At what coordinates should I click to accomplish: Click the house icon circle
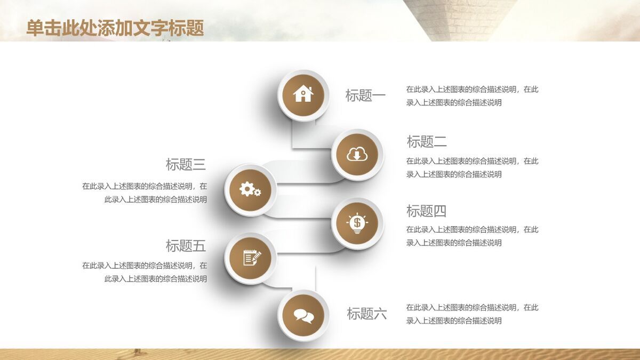tap(303, 95)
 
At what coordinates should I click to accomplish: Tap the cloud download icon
tap(357, 155)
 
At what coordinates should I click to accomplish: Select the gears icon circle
tap(250, 189)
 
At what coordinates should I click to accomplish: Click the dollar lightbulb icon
tap(357, 223)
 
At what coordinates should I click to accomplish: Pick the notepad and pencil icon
tap(251, 258)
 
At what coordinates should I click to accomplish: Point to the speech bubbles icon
tap(303, 316)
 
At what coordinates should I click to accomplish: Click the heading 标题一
tap(365, 96)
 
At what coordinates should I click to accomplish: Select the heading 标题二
tap(427, 142)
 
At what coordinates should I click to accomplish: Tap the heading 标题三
tap(186, 164)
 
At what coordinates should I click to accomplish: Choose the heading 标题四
tap(426, 211)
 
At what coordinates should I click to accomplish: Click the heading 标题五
tap(186, 246)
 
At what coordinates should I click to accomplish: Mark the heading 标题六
tap(366, 314)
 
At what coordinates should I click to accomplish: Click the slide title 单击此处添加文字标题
tap(115, 28)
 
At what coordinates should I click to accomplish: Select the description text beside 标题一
tap(472, 96)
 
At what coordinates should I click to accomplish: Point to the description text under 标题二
tap(472, 167)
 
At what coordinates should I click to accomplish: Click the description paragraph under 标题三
tap(145, 193)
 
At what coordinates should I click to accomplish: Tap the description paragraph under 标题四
tap(472, 236)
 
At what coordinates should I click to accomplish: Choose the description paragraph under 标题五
tap(145, 272)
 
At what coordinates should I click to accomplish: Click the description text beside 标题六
tap(472, 314)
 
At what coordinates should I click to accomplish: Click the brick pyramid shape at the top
tap(459, 16)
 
